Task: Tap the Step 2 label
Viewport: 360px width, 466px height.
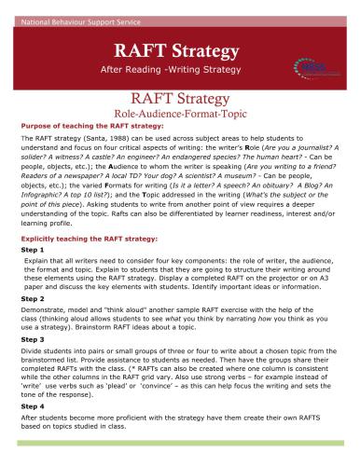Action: pos(32,326)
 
